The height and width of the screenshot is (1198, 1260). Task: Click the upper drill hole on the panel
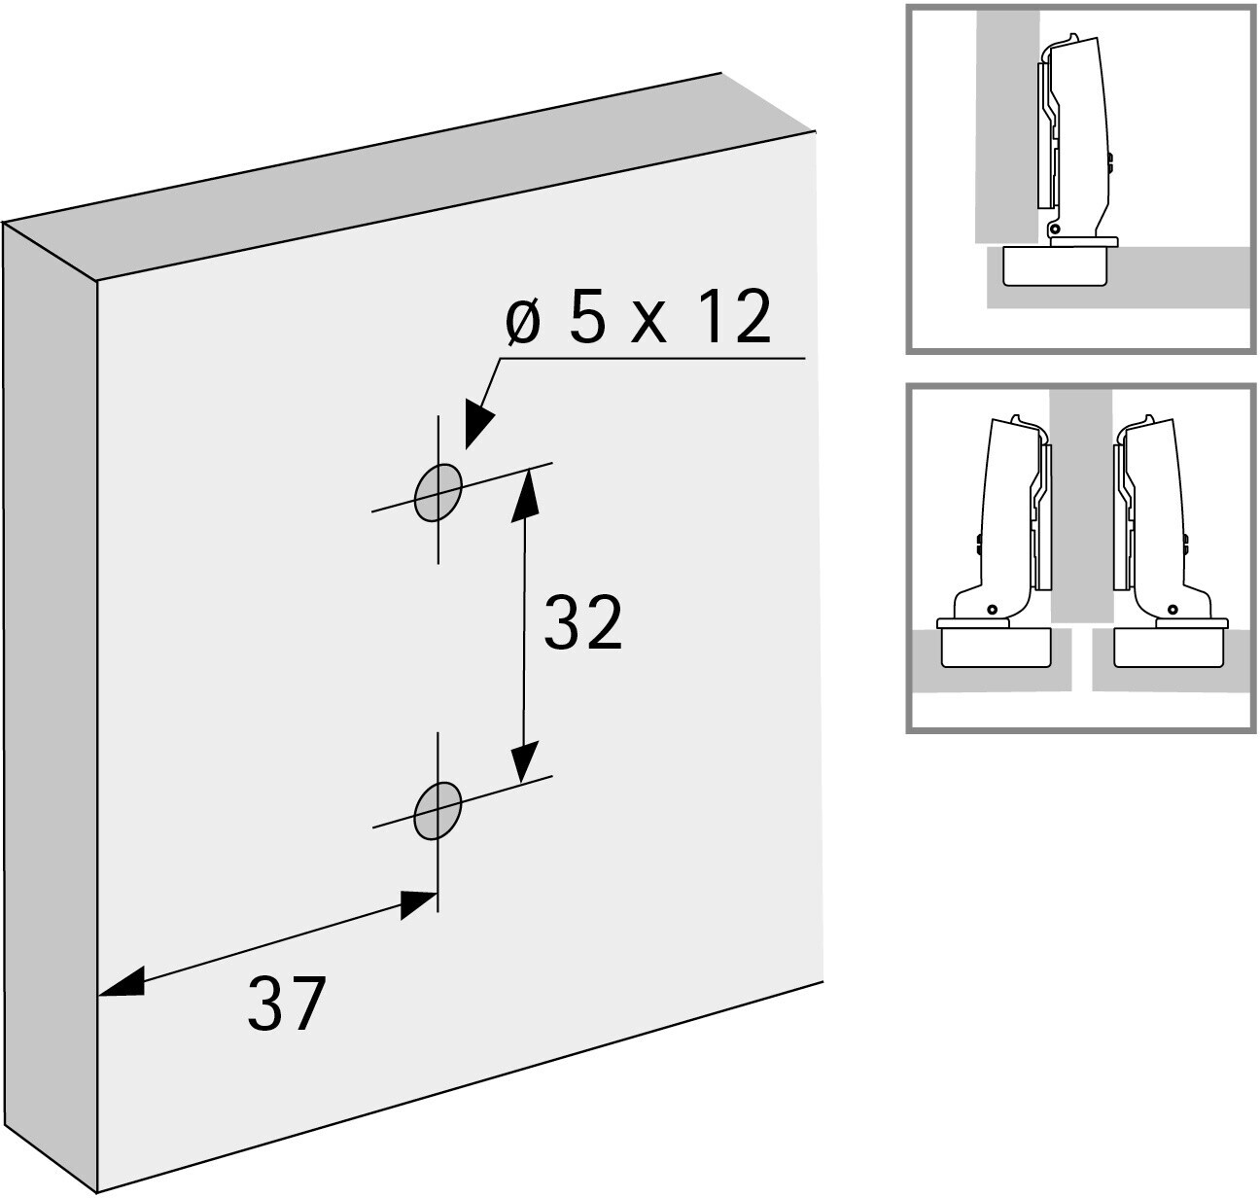438,492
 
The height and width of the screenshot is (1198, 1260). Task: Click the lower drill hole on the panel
437,811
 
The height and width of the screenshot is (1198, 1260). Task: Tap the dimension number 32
582,622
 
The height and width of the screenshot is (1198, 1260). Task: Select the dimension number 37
287,1004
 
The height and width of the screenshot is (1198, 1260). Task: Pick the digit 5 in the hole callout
587,317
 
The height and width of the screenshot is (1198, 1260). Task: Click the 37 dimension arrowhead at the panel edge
122,982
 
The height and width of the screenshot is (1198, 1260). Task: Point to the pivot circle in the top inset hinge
1054,229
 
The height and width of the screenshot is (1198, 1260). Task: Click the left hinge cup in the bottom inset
996,648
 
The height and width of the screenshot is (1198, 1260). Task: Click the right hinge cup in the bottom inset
1169,648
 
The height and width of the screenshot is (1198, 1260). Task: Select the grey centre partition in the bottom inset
1082,507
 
